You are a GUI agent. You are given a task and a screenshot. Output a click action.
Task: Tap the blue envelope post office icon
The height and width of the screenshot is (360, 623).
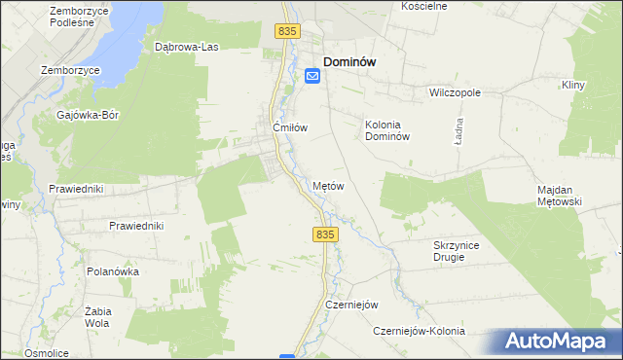312,75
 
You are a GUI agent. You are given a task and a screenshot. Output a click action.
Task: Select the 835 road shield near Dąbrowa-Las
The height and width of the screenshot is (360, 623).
286,32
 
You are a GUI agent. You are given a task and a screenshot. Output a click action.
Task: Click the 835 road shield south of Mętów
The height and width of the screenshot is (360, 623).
326,234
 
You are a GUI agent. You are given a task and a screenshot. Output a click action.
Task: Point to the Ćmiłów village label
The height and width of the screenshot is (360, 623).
289,126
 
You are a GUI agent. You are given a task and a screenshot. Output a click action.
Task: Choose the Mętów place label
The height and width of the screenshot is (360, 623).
328,185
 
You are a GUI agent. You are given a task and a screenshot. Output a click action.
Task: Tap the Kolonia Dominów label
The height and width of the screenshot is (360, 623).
390,130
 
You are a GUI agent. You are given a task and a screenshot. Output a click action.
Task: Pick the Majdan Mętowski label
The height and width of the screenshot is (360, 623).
559,196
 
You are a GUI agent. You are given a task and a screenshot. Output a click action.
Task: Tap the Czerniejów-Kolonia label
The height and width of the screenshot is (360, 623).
420,332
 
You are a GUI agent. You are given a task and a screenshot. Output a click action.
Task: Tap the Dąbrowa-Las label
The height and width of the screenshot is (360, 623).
184,46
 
